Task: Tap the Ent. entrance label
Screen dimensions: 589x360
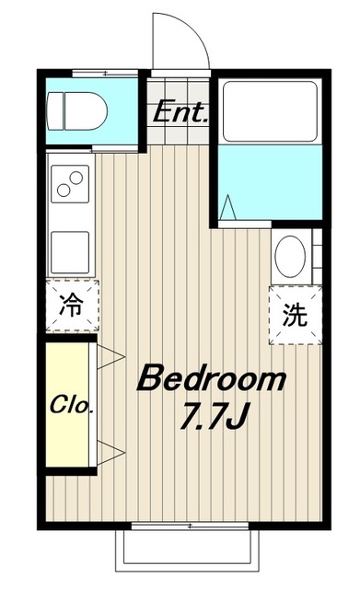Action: pos(181,114)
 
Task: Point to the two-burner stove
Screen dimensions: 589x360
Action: pos(69,184)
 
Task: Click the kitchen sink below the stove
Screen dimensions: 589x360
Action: pos(69,250)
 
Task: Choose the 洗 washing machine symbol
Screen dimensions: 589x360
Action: pos(294,316)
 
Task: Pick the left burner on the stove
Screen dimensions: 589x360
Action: pos(64,191)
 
